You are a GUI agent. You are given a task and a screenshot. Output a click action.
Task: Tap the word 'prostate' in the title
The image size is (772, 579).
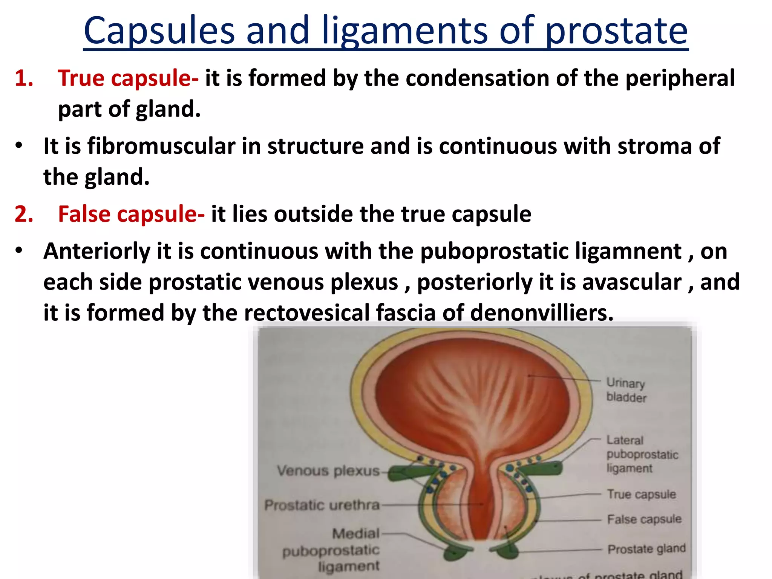pos(616,31)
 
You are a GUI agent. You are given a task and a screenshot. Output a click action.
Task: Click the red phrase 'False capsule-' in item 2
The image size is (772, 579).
pos(131,214)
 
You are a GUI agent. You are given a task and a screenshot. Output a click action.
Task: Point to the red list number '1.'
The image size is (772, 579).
pos(24,78)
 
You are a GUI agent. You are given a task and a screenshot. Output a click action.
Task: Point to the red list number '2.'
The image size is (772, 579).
pos(24,214)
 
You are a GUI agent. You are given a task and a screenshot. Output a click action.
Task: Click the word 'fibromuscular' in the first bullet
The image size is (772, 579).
pos(161,146)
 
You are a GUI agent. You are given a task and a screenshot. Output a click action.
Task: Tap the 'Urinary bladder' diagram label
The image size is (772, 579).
pos(626,390)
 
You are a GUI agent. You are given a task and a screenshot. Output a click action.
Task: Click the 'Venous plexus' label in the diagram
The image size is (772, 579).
pos(328,471)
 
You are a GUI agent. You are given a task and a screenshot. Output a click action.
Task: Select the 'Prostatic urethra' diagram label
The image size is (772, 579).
pos(322,505)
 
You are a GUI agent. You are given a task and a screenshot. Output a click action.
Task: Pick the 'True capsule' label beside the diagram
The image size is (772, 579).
pos(641,494)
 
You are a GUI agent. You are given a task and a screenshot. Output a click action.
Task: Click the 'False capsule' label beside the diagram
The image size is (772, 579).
pos(644,519)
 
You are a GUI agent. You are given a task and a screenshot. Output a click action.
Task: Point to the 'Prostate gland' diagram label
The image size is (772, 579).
pos(646,549)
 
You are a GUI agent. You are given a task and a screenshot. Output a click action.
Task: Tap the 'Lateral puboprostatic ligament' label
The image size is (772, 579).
pos(642,454)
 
